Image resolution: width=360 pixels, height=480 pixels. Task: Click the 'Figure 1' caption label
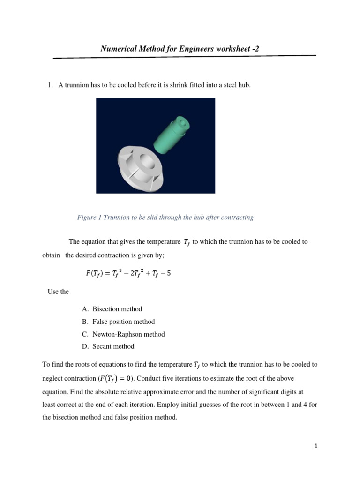90,217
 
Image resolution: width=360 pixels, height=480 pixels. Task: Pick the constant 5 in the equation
169,273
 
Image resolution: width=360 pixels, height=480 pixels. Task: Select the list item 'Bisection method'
117,309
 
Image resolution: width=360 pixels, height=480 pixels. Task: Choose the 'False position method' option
123,322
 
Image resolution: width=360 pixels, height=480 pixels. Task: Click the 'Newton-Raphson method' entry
128,334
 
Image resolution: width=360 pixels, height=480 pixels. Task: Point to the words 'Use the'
58,292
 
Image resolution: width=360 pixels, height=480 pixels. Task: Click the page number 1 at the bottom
316,447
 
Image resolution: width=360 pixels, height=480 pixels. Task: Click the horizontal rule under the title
185,57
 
